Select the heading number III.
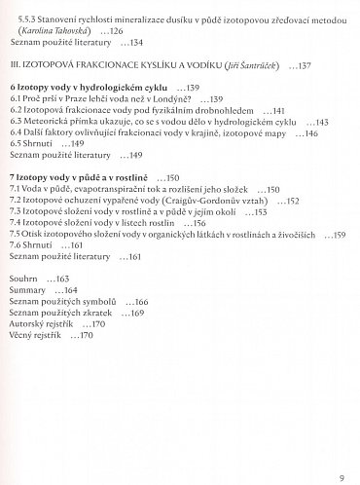[14, 66]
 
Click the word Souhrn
[24, 280]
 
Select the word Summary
[28, 291]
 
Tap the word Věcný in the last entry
[23, 337]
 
